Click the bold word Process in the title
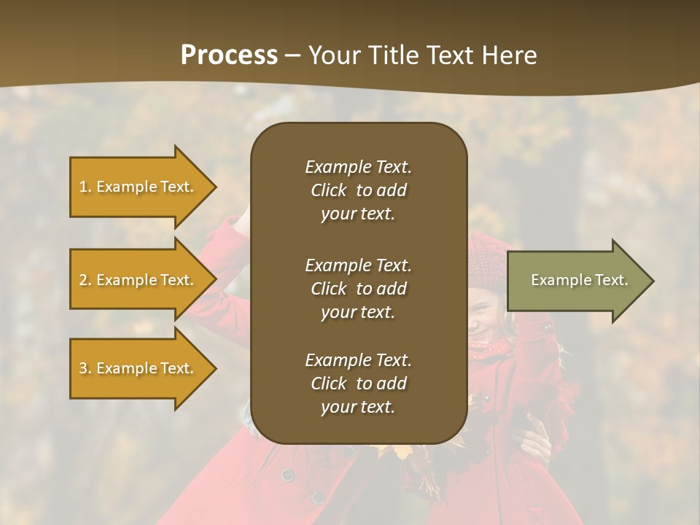point(229,55)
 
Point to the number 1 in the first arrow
point(83,187)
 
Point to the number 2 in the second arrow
point(83,280)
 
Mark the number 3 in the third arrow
point(83,368)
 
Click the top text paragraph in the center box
point(358,190)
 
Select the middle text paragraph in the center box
point(358,289)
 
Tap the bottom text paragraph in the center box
point(358,384)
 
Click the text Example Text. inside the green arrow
point(580,280)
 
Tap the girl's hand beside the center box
point(537,437)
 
